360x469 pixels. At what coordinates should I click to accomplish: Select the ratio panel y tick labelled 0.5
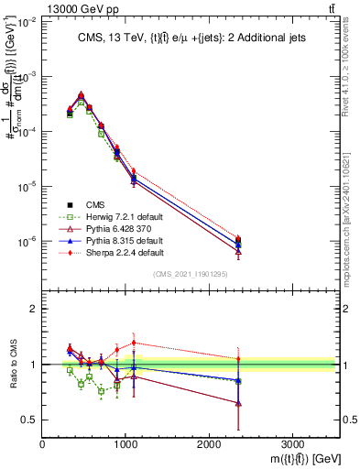tap(29, 420)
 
